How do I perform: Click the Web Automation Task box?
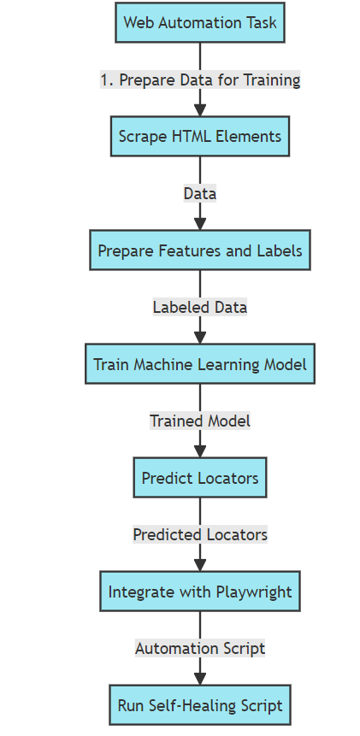point(200,22)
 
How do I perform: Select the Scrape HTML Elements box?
point(200,136)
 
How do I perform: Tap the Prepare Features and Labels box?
point(200,250)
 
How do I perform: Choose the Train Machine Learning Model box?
point(200,364)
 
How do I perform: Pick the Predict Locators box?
point(200,478)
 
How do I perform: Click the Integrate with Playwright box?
point(200,592)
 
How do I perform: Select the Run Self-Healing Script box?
point(200,706)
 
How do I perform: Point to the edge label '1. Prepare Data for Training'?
point(200,79)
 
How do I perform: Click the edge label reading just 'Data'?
point(200,193)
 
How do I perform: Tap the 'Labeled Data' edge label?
point(200,307)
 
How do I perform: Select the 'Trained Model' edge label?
point(200,421)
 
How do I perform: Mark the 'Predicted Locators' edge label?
point(200,534)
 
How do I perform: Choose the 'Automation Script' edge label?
point(200,648)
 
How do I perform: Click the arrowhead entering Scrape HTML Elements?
point(200,109)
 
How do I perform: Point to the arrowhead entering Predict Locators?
point(200,451)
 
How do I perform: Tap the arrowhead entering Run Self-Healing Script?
point(200,679)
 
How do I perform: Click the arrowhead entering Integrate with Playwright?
point(200,565)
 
